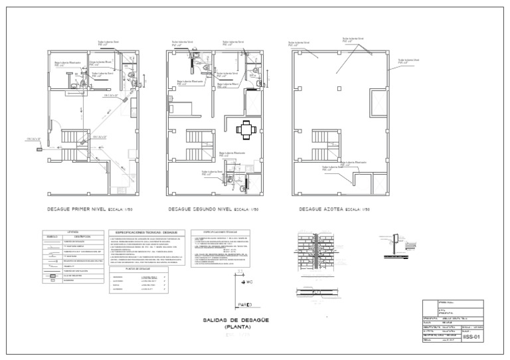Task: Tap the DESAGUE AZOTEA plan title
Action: point(320,209)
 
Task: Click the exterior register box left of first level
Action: point(40,150)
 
